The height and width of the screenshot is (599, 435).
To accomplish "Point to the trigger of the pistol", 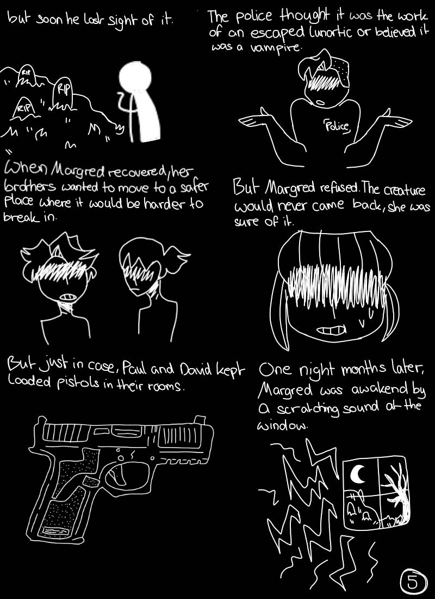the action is click(x=117, y=477).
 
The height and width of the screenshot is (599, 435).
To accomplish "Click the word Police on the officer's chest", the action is click(x=337, y=126).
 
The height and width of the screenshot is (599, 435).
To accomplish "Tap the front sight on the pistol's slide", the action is click(x=198, y=419).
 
